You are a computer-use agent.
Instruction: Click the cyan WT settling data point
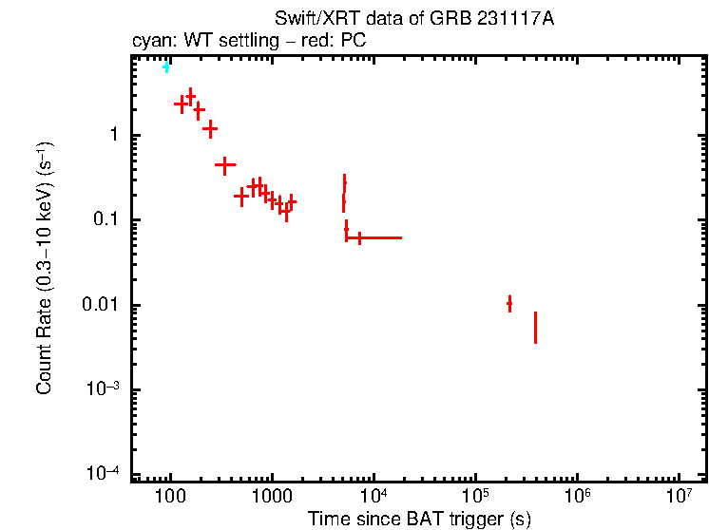(166, 67)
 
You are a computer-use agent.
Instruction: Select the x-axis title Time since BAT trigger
(419, 519)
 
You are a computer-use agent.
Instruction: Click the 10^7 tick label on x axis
(679, 494)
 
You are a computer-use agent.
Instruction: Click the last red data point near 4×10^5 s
(535, 328)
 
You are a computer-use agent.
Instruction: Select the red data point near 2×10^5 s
(509, 304)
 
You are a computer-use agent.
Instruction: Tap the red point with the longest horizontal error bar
(359, 237)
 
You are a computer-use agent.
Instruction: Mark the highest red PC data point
(190, 96)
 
